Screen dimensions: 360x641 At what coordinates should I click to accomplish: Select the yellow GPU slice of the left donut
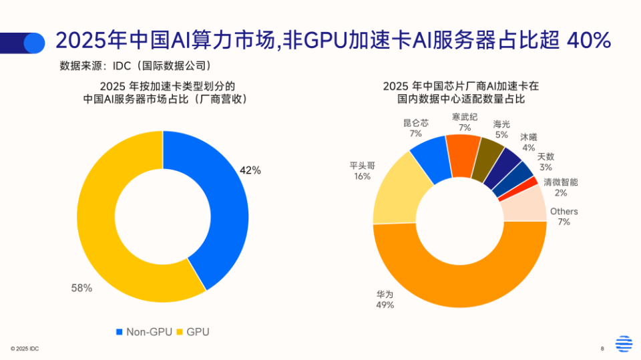100,220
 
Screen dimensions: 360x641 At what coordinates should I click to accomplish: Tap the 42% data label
250,170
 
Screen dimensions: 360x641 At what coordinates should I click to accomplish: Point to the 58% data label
81,289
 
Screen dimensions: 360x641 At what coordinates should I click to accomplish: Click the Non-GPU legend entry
145,332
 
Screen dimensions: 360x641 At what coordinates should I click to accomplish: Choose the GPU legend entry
194,332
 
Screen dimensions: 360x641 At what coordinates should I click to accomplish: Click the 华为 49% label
385,299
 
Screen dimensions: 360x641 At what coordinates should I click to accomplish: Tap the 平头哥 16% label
362,171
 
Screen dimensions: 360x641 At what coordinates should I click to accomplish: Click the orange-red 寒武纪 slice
462,150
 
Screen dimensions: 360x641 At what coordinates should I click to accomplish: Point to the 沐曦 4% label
528,142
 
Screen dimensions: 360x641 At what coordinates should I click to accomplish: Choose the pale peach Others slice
524,204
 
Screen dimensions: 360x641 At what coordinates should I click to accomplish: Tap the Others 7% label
564,216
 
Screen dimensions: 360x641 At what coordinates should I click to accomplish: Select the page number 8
602,348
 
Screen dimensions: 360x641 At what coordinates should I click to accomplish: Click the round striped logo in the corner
624,343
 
